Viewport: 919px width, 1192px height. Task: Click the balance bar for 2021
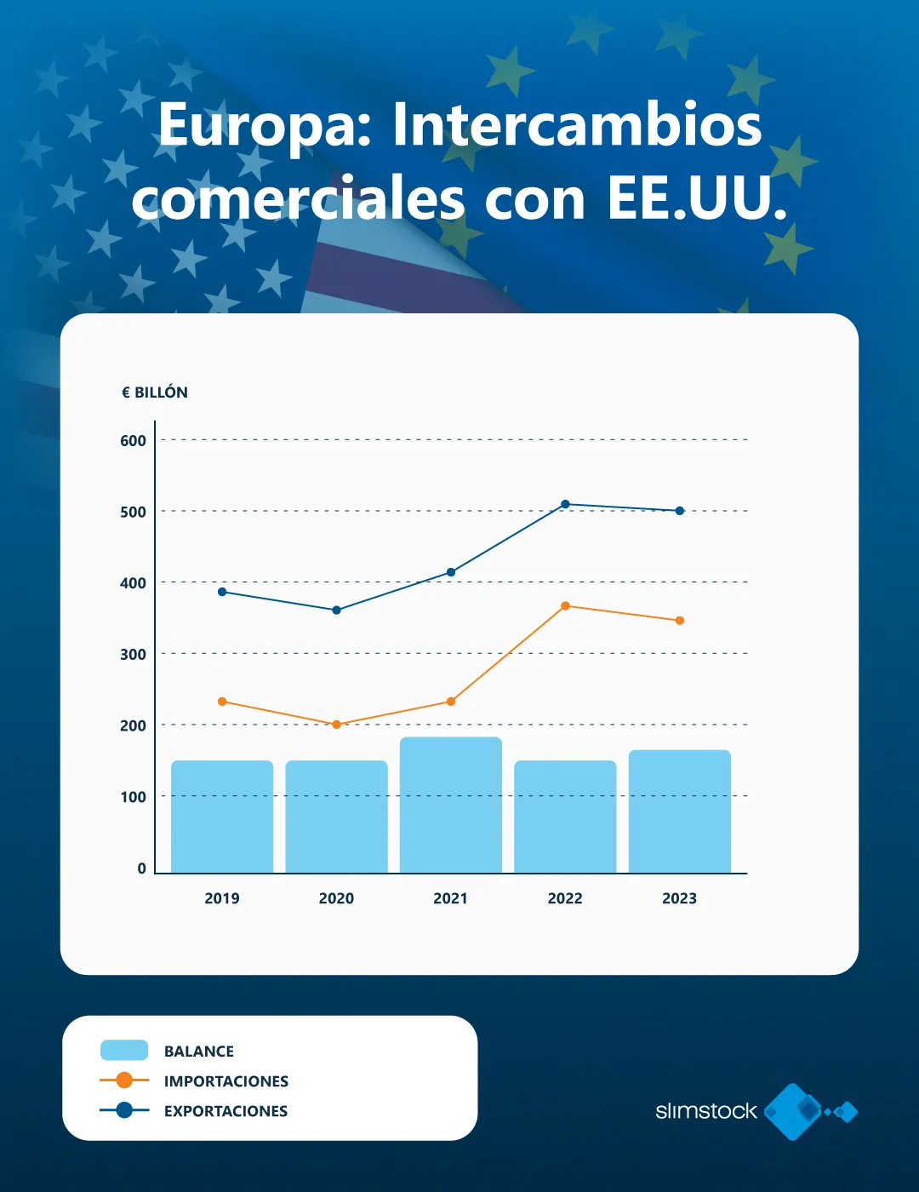coord(450,805)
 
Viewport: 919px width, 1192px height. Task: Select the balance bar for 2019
coord(222,817)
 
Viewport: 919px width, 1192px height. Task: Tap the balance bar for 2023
coord(679,811)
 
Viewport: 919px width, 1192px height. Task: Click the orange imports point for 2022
coord(565,606)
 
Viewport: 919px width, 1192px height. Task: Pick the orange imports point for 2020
coord(336,725)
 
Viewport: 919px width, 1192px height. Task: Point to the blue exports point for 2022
coord(565,504)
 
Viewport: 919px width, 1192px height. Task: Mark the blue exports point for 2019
coord(222,592)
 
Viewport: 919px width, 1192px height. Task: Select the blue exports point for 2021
coord(451,572)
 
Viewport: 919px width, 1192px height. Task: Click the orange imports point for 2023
coord(679,621)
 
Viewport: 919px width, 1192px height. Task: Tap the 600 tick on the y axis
coord(133,441)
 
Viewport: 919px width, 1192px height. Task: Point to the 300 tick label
coord(133,655)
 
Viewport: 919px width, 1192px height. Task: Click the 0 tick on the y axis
coord(141,868)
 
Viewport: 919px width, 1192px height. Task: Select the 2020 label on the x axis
coord(336,898)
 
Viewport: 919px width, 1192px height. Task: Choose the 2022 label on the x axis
coord(565,898)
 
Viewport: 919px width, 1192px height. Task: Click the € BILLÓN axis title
coord(155,393)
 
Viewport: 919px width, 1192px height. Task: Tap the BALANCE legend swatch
coord(124,1051)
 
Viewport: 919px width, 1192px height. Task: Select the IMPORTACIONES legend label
coord(226,1081)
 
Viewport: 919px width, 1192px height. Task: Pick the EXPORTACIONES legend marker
coord(124,1110)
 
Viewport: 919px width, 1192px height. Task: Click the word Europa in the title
coord(265,126)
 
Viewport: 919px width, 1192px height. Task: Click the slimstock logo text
coord(705,1111)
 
